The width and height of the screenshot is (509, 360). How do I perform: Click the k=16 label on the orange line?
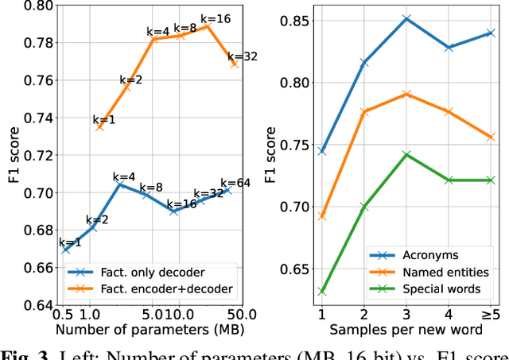pyautogui.click(x=215, y=17)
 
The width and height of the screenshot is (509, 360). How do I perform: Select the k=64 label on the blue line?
pyautogui.click(x=235, y=183)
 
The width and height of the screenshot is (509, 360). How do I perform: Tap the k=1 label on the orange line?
pyautogui.click(x=103, y=119)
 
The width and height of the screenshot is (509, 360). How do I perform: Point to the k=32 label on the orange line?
pyautogui.click(x=242, y=56)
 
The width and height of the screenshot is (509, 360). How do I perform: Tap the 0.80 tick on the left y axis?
pyautogui.click(x=40, y=6)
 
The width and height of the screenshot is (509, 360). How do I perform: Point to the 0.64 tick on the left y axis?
pyautogui.click(x=40, y=305)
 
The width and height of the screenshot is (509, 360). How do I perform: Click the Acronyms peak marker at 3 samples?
pyautogui.click(x=406, y=17)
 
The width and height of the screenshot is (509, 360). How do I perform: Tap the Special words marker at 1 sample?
pyautogui.click(x=322, y=292)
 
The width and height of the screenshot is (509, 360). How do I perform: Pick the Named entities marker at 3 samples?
pyautogui.click(x=406, y=94)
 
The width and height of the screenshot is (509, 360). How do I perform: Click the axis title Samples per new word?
pyautogui.click(x=406, y=329)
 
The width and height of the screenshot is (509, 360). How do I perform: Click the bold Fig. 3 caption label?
pyautogui.click(x=23, y=354)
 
